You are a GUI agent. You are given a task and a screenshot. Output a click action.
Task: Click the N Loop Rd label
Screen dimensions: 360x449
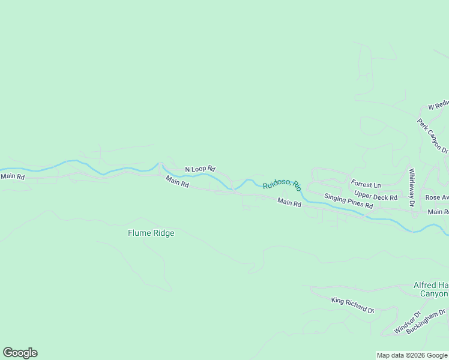point(200,169)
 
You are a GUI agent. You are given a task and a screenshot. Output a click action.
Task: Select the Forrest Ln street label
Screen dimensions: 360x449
point(366,184)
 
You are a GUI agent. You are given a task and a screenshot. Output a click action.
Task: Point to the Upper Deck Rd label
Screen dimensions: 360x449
point(376,196)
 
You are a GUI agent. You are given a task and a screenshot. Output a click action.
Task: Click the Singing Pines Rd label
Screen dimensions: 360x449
point(349,201)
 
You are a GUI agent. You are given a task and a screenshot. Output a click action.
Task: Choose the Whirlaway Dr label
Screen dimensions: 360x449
point(412,188)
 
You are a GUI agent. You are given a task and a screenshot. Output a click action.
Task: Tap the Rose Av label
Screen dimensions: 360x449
point(436,197)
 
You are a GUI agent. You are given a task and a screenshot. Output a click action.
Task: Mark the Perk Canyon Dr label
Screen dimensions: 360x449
point(433,135)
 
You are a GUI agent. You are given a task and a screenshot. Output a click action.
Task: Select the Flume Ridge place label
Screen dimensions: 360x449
point(151,233)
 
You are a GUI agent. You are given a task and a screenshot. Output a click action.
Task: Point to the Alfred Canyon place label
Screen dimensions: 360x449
point(431,289)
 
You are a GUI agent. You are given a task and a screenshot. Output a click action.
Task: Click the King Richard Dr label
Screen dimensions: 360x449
point(352,305)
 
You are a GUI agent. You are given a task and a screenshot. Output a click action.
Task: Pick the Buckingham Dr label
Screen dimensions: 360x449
point(426,321)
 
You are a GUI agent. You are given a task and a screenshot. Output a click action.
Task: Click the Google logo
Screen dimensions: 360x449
point(20,353)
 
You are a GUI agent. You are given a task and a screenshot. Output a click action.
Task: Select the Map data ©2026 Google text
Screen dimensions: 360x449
point(412,355)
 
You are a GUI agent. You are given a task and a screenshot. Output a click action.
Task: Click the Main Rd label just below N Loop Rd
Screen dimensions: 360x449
point(177,182)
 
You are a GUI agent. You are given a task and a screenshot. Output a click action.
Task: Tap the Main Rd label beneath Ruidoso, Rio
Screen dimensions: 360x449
point(289,203)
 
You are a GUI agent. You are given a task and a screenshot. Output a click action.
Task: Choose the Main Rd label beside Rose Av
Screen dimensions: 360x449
point(438,212)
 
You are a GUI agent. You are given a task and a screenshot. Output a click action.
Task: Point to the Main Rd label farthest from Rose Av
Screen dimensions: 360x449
point(13,176)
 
